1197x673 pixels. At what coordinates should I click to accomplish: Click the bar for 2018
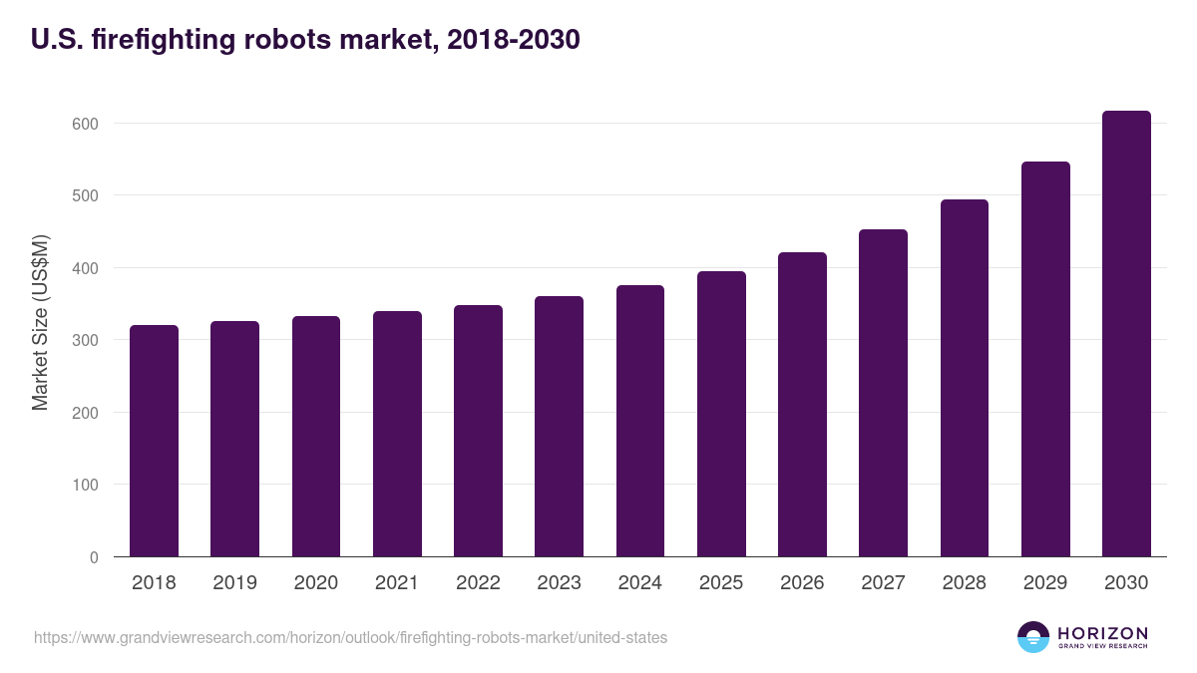[154, 441]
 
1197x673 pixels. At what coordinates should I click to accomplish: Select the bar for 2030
[1126, 334]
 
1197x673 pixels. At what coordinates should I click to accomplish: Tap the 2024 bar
[640, 421]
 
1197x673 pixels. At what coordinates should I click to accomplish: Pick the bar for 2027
[883, 393]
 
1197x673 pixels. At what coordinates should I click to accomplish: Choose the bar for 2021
[397, 434]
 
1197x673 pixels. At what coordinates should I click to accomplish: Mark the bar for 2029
[1045, 359]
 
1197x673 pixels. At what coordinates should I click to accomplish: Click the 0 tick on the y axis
[94, 557]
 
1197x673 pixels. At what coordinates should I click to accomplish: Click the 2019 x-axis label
[234, 583]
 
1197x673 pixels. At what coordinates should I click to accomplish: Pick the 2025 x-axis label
[721, 583]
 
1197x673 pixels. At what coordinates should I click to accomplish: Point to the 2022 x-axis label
[478, 583]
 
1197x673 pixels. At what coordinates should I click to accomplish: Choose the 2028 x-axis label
[965, 583]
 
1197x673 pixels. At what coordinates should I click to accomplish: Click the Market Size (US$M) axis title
[40, 322]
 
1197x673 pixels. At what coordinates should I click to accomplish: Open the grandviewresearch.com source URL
[350, 637]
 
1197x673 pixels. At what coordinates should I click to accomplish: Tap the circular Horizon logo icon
[1033, 637]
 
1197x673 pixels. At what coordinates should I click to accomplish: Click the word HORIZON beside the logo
[1102, 633]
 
